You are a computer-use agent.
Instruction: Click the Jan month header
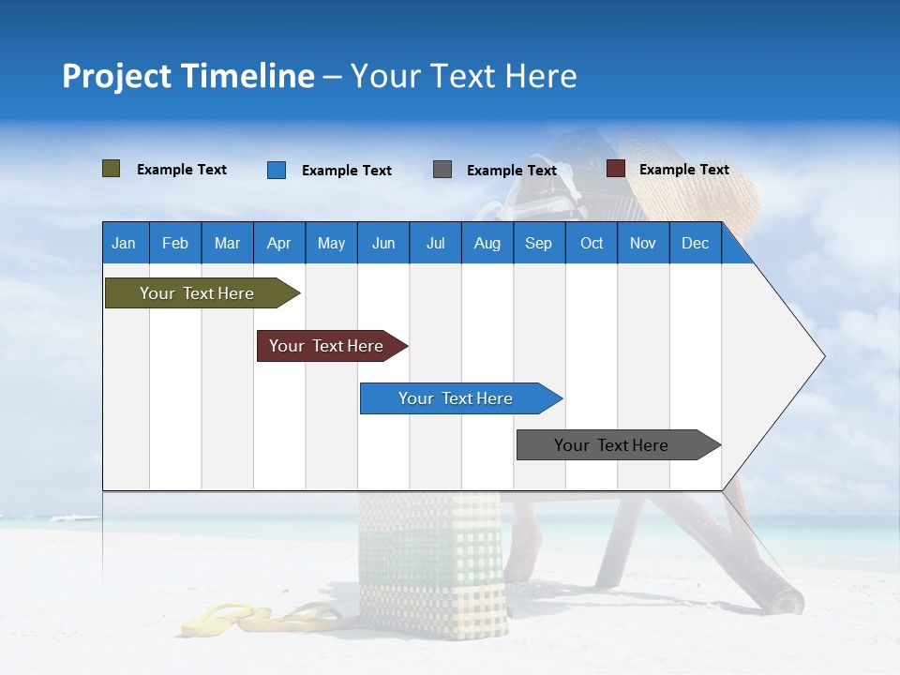(125, 243)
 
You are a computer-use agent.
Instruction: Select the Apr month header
(279, 243)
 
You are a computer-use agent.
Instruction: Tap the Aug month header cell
(487, 243)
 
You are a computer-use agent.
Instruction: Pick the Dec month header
(696, 243)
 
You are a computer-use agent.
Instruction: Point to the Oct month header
(592, 243)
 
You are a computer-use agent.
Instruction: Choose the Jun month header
(383, 243)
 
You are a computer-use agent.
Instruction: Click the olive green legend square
(112, 169)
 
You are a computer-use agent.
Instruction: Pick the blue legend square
(277, 170)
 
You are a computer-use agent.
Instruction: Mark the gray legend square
(442, 170)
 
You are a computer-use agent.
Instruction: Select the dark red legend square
(616, 169)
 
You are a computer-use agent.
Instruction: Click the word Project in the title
(117, 76)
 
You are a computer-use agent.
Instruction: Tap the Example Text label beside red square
(683, 170)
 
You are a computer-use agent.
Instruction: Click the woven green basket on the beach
(431, 562)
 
